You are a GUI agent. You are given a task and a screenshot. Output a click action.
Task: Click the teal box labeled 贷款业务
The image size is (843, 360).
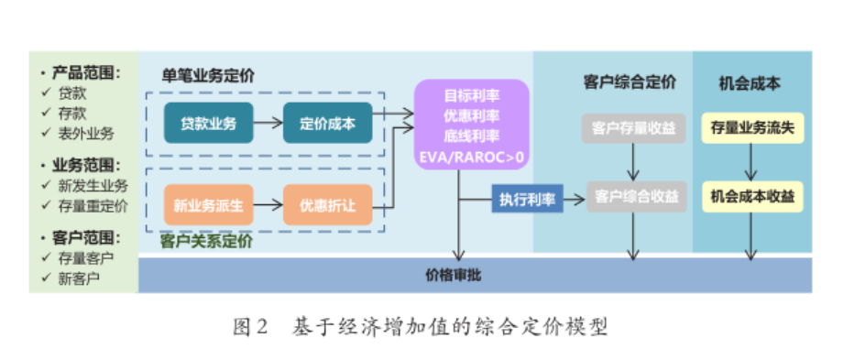tap(208, 125)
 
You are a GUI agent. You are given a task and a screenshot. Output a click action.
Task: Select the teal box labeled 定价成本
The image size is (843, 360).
tap(327, 125)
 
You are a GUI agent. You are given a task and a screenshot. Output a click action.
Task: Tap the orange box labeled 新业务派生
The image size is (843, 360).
tap(208, 204)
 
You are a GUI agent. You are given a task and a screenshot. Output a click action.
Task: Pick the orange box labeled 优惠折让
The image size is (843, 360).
tap(327, 204)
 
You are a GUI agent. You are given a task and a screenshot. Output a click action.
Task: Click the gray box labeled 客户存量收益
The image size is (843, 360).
tap(632, 129)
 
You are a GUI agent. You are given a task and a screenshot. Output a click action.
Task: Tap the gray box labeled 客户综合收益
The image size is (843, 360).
tap(632, 196)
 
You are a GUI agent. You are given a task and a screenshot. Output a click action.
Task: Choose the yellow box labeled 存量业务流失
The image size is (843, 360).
tap(751, 129)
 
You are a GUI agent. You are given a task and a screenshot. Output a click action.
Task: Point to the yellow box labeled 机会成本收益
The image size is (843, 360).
tap(751, 196)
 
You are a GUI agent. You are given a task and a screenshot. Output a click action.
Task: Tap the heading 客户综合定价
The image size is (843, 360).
tap(630, 82)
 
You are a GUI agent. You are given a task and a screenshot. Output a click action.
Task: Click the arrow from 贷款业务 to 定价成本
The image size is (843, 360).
tap(267, 125)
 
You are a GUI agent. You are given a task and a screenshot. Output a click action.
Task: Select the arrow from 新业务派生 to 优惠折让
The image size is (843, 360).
tap(267, 204)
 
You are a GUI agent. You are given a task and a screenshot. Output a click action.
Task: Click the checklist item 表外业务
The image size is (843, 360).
tap(87, 134)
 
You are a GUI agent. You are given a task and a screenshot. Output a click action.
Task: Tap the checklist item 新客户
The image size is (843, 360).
tap(80, 278)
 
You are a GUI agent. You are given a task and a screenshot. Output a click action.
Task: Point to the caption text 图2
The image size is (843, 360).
tap(249, 326)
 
